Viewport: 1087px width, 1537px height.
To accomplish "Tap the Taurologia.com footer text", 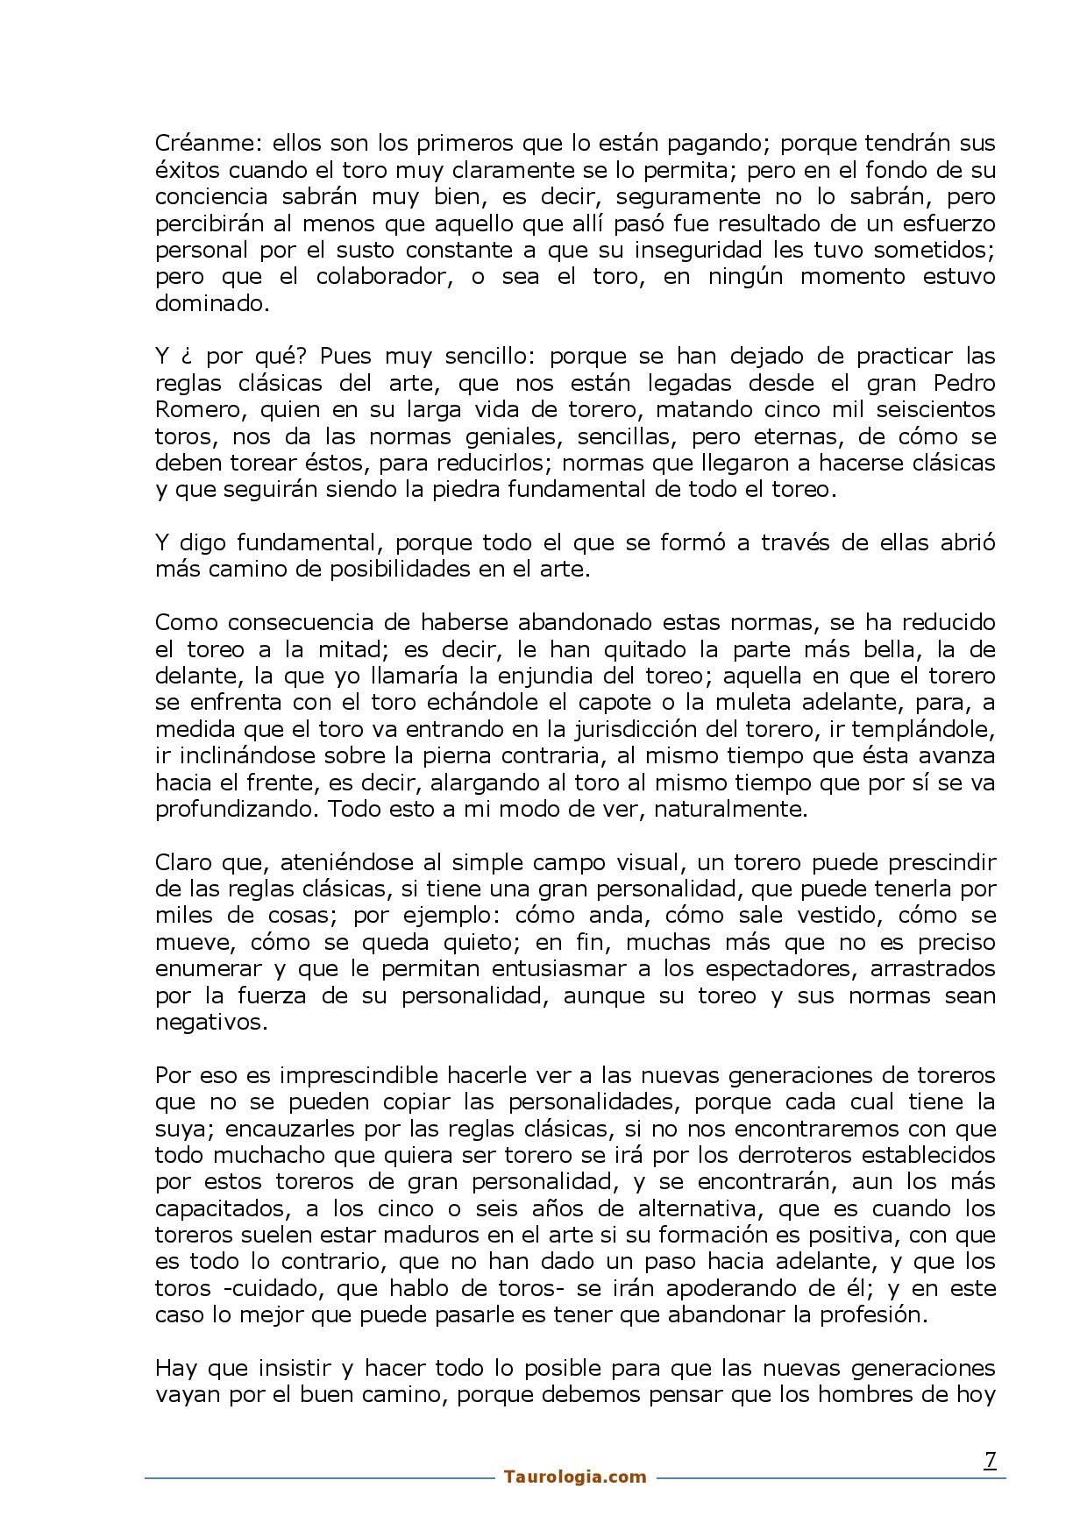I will pyautogui.click(x=575, y=1477).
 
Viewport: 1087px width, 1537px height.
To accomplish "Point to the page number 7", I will pyautogui.click(x=990, y=1460).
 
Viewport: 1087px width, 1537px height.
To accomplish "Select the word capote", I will pyautogui.click(x=620, y=703).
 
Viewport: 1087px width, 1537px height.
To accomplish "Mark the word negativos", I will pyautogui.click(x=210, y=1022).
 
